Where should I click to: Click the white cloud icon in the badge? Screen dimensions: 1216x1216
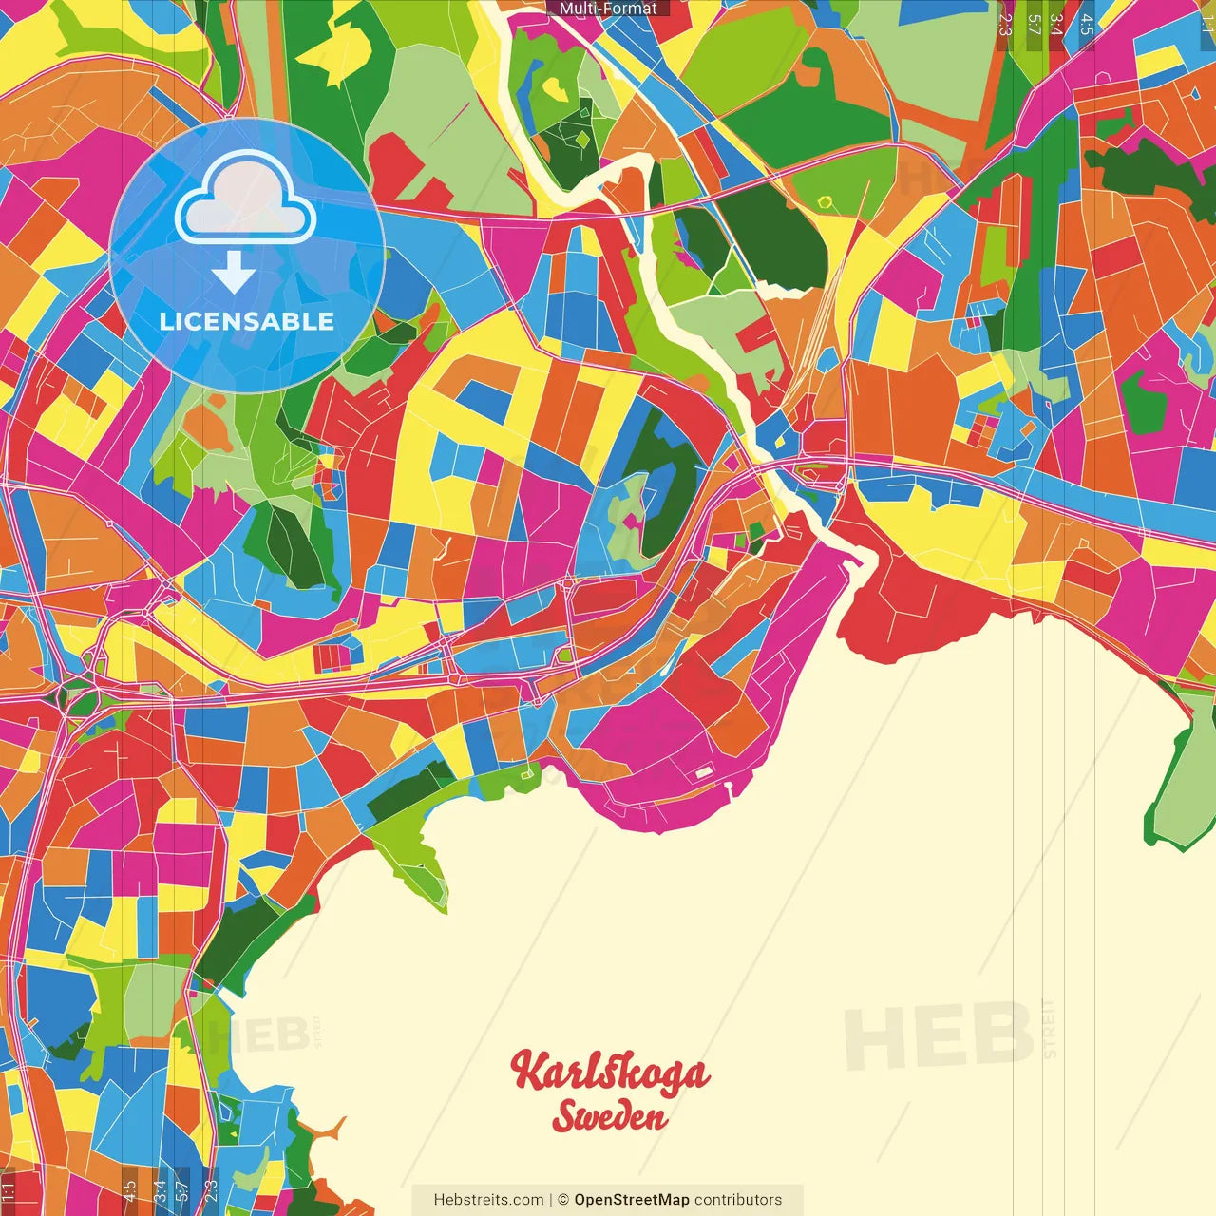click(x=245, y=199)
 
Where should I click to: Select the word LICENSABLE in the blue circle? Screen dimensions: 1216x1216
click(x=247, y=321)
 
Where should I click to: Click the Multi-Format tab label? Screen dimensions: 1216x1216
click(x=608, y=9)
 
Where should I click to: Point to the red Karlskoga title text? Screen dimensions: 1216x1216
click(x=610, y=1072)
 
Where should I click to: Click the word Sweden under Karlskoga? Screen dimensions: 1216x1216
click(x=610, y=1116)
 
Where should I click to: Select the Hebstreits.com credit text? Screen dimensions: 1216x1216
click(x=488, y=1200)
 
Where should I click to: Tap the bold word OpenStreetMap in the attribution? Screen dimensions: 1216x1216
click(x=631, y=1200)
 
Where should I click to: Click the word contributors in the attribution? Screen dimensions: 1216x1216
click(x=738, y=1200)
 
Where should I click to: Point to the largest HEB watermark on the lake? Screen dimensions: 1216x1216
click(x=939, y=1035)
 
